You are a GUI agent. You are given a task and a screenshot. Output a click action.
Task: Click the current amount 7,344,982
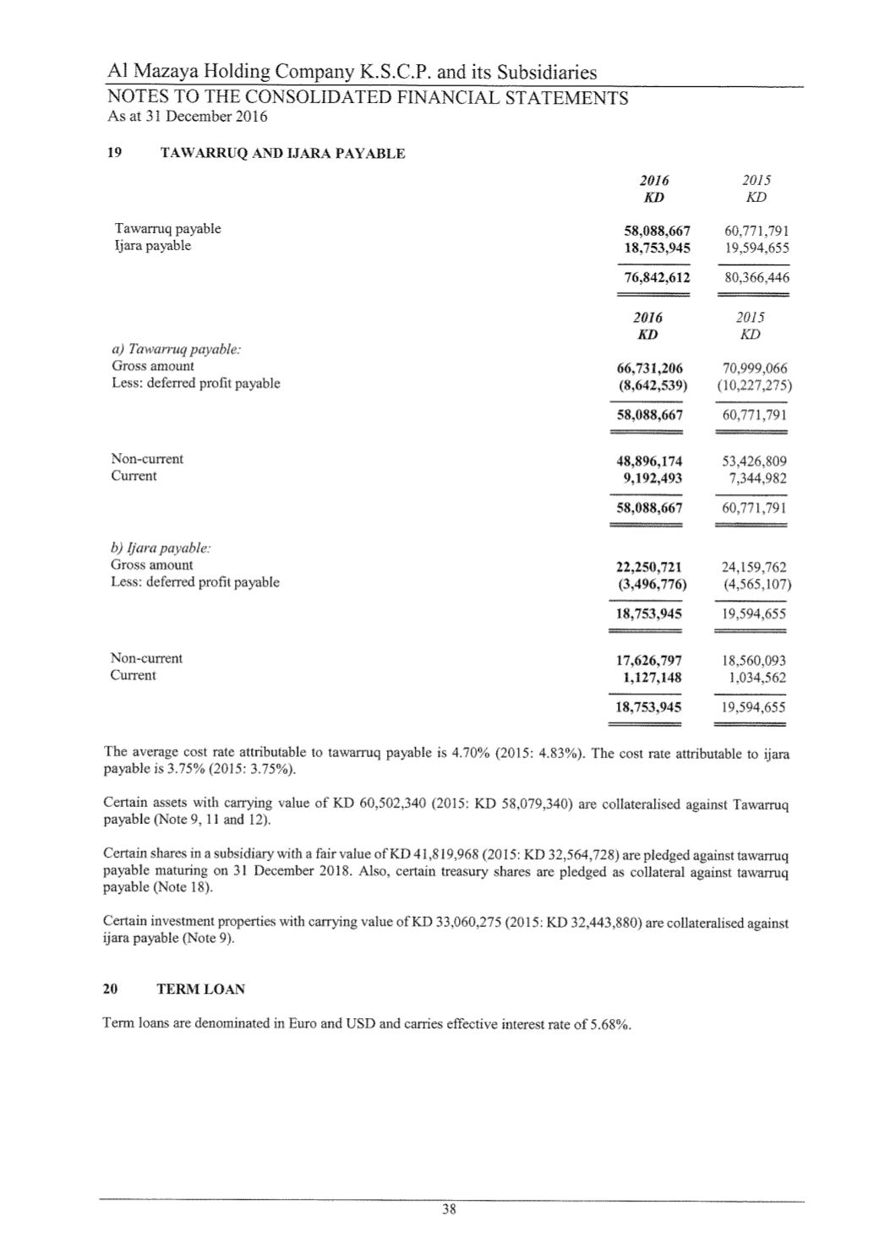tap(757, 478)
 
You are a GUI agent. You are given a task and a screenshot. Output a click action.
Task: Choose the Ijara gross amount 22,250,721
tap(649, 567)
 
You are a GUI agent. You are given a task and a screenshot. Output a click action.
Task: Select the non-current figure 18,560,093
tap(754, 661)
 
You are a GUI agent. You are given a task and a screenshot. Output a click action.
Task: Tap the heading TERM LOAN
tap(201, 989)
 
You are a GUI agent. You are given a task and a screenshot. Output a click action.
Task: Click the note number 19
tap(113, 154)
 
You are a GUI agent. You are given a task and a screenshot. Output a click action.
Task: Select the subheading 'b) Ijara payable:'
tap(161, 548)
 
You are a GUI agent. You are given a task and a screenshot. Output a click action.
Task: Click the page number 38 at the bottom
tap(449, 1209)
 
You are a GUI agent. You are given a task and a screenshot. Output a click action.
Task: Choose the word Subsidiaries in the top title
tap(547, 73)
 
